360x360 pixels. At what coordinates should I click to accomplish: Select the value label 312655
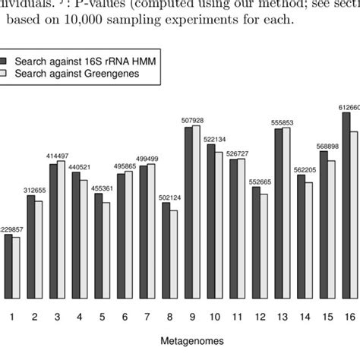point(36,190)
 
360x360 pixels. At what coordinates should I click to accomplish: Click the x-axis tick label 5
point(102,312)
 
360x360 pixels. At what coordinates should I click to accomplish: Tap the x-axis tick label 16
point(349,312)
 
